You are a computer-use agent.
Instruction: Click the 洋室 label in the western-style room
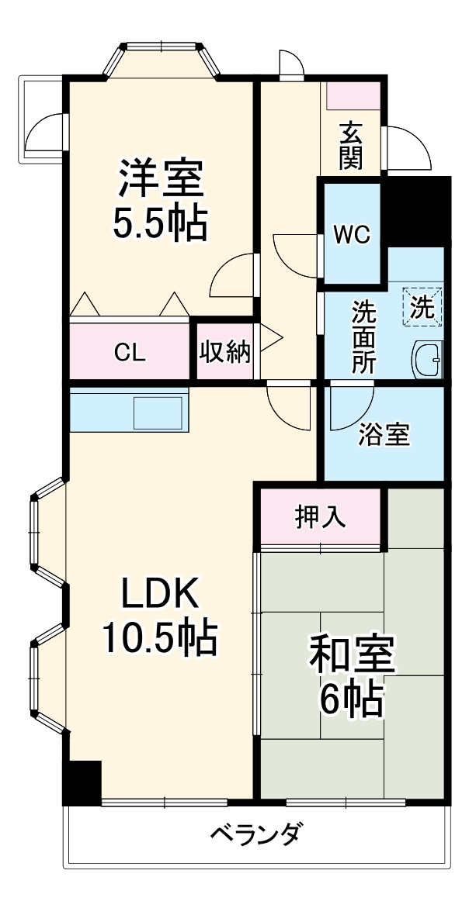pyautogui.click(x=161, y=180)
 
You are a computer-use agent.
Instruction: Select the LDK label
pyautogui.click(x=160, y=595)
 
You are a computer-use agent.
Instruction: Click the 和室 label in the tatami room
pyautogui.click(x=353, y=656)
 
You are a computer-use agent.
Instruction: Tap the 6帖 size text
pyautogui.click(x=353, y=699)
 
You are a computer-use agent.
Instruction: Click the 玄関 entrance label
pyautogui.click(x=351, y=147)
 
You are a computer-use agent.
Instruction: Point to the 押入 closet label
pyautogui.click(x=320, y=516)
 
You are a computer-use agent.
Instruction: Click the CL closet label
pyautogui.click(x=130, y=353)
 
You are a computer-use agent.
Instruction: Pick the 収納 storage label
pyautogui.click(x=225, y=352)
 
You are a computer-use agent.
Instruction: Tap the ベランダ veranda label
pyautogui.click(x=257, y=835)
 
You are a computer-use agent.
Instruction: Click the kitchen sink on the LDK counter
pyautogui.click(x=158, y=413)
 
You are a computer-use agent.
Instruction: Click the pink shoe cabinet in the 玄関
pyautogui.click(x=353, y=94)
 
